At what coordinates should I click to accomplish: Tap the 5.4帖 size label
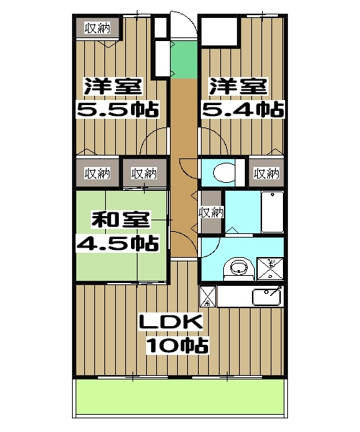click(x=240, y=110)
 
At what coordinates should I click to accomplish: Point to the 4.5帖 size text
click(x=117, y=243)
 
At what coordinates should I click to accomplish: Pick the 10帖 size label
click(x=177, y=346)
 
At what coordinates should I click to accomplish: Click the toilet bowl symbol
click(x=224, y=173)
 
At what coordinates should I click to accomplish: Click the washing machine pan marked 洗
click(x=271, y=267)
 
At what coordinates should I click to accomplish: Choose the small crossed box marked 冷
click(x=207, y=295)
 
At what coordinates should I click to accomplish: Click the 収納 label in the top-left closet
click(x=97, y=28)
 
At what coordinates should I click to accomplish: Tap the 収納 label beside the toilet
click(x=266, y=173)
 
